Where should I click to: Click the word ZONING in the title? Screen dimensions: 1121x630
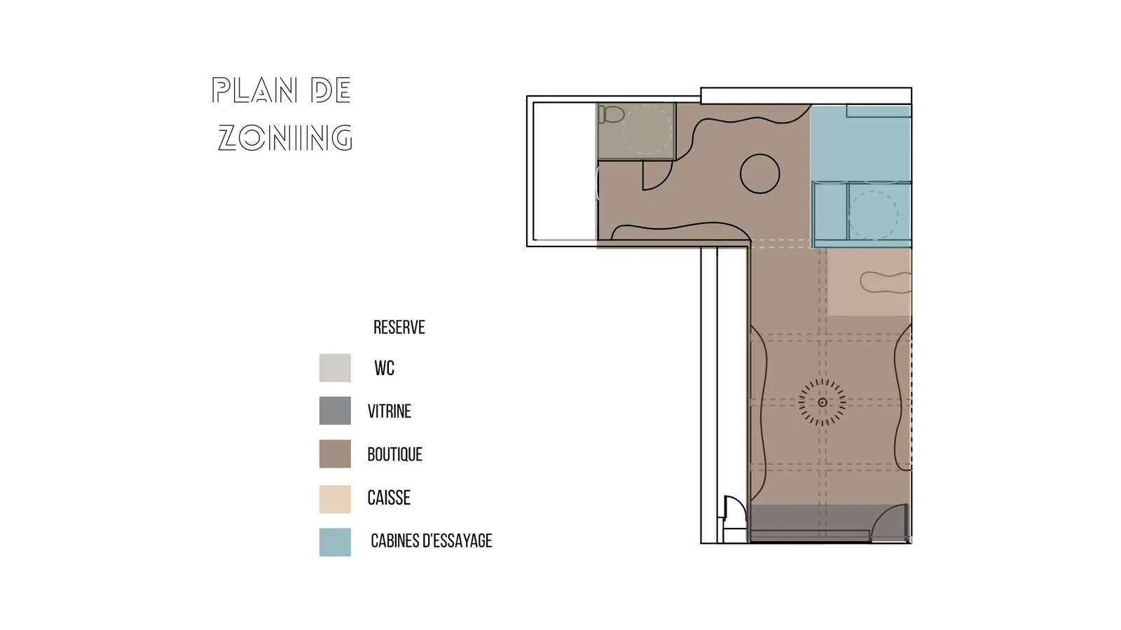pos(285,138)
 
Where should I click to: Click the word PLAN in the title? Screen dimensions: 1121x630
pos(254,90)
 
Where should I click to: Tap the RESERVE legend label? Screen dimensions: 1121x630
pos(399,328)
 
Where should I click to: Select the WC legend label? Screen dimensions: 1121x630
pos(385,368)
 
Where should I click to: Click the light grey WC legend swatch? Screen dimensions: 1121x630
pos(335,368)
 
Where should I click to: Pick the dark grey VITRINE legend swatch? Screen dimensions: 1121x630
pos(335,411)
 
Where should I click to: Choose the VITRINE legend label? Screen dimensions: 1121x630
pos(390,412)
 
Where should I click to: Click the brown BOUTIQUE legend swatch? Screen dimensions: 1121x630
pos(335,454)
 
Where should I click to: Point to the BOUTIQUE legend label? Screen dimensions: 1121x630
pos(395,454)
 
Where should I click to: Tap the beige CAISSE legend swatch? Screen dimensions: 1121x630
pos(335,499)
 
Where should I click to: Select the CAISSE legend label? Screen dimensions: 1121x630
pos(389,498)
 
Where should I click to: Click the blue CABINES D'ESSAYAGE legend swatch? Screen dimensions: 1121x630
pos(335,542)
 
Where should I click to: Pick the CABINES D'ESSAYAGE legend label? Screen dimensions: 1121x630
pos(432,541)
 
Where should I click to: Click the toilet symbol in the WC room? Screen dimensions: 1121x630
pos(611,115)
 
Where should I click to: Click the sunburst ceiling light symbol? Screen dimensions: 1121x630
pos(823,402)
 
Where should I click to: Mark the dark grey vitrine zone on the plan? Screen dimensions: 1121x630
pos(830,523)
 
